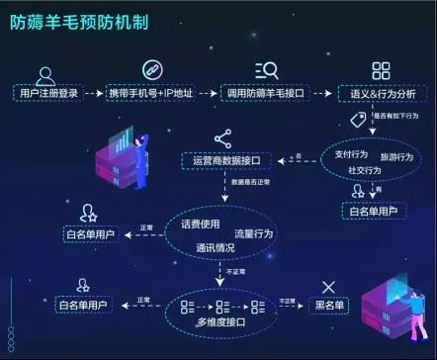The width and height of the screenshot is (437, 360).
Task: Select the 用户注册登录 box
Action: (47, 93)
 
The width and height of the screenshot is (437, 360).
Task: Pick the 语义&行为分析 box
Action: (381, 93)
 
